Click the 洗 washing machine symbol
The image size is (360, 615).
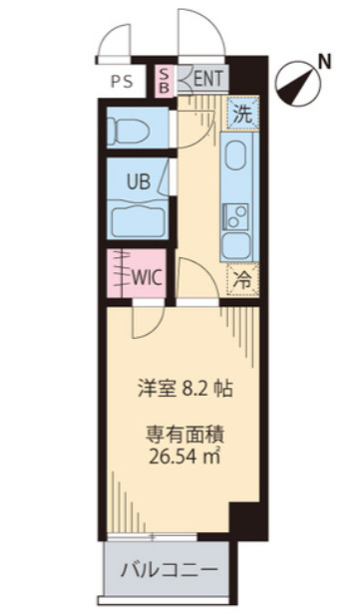pyautogui.click(x=242, y=113)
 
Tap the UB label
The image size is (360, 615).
pyautogui.click(x=139, y=181)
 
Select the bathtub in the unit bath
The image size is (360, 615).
pyautogui.click(x=139, y=220)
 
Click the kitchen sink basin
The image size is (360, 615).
pyautogui.click(x=239, y=157)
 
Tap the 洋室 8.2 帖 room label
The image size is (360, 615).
pyautogui.click(x=184, y=390)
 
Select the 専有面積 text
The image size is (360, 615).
pyautogui.click(x=184, y=434)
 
